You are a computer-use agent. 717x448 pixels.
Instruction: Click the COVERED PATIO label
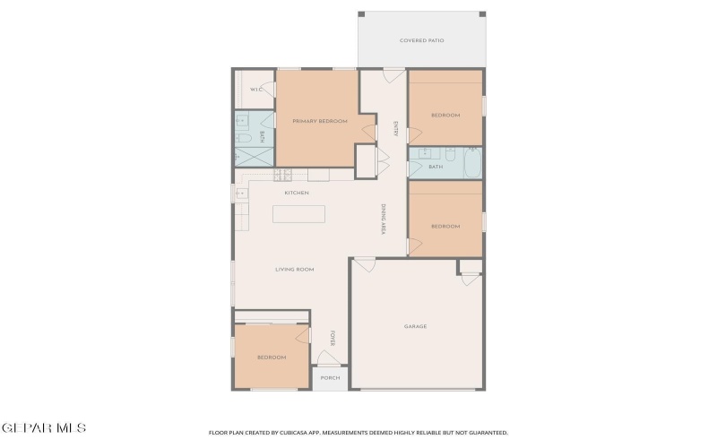coord(421,40)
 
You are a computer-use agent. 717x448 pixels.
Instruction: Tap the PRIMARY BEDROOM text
coord(319,121)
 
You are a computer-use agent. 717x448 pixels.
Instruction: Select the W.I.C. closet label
coord(255,90)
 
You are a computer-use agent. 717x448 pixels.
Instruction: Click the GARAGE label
coord(415,326)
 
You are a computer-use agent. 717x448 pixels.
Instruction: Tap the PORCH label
coord(330,378)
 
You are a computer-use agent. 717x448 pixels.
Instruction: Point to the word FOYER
coord(332,338)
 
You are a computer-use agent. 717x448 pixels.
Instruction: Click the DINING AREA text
coord(383,220)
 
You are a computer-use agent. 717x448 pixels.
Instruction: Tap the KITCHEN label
coord(297,193)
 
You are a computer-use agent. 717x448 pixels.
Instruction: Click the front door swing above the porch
coord(329,360)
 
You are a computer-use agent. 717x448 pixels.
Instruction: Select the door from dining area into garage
coord(363,265)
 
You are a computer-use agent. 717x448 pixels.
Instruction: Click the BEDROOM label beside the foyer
coord(271,358)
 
